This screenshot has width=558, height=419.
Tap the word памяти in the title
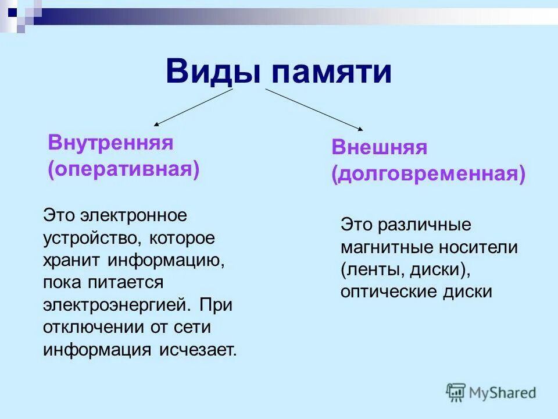click(331, 73)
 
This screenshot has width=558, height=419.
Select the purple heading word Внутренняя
click(111, 143)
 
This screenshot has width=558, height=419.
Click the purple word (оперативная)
click(124, 169)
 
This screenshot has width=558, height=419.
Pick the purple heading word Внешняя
click(380, 147)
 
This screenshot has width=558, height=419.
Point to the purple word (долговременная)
click(428, 174)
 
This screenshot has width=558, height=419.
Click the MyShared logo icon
click(456, 392)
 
